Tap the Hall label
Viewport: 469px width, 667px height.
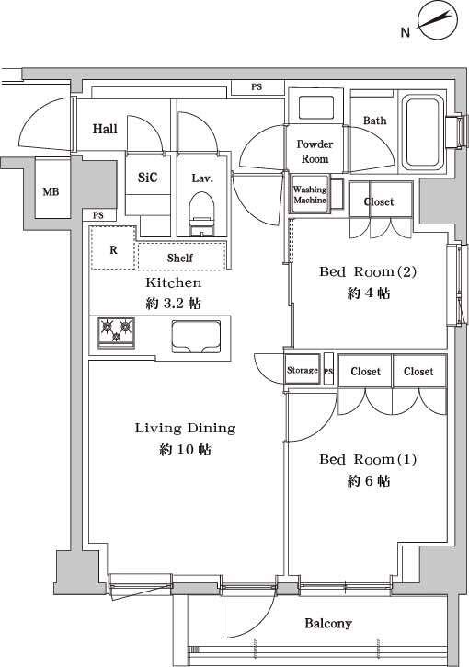(105, 130)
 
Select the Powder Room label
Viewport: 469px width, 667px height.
(315, 152)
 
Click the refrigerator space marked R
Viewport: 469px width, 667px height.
(113, 249)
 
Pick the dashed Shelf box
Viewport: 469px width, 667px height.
(181, 257)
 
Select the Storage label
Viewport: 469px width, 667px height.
(302, 370)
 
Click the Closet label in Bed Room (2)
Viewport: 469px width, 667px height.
(379, 201)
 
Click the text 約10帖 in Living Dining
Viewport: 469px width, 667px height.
(185, 450)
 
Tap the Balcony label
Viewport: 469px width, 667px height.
(328, 623)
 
